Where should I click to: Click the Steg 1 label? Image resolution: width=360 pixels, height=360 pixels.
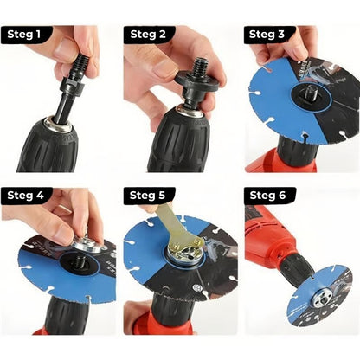pyautogui.click(x=25, y=35)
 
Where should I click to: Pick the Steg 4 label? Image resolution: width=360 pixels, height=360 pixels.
pyautogui.click(x=25, y=196)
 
